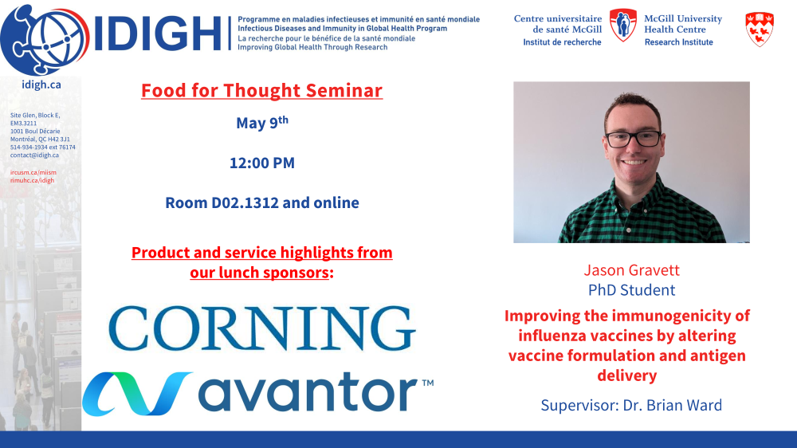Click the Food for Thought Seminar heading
click(261, 91)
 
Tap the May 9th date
click(262, 123)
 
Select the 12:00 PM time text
click(262, 163)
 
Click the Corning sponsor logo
click(261, 328)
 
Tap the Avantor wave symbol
click(137, 394)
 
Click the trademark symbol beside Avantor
click(427, 383)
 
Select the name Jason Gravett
click(631, 269)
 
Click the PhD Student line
click(631, 290)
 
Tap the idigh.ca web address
click(41, 84)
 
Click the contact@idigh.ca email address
click(34, 155)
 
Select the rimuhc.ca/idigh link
click(32, 180)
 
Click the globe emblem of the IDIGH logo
click(45, 40)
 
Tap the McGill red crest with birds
click(760, 29)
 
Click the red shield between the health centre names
click(622, 25)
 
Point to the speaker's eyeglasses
click(633, 139)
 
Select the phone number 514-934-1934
click(28, 147)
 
